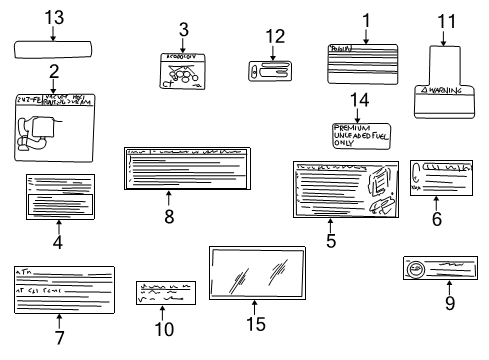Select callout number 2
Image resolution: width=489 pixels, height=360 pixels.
[x=53, y=72]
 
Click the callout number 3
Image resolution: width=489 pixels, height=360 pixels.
[x=183, y=28]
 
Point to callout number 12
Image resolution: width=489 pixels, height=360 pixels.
[x=269, y=38]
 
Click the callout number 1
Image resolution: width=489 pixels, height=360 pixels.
[x=366, y=18]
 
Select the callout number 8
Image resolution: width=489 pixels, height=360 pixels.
[x=168, y=217]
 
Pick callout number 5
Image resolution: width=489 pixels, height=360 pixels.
[x=330, y=240]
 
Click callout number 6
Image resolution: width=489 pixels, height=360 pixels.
[x=436, y=218]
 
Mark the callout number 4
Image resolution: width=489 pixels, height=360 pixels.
[x=58, y=241]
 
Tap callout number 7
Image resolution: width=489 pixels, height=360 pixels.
[x=59, y=337]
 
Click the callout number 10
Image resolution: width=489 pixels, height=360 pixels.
[x=164, y=328]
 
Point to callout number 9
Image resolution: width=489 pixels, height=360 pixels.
[x=450, y=303]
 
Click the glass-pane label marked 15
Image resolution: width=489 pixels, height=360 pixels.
[x=254, y=269]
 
